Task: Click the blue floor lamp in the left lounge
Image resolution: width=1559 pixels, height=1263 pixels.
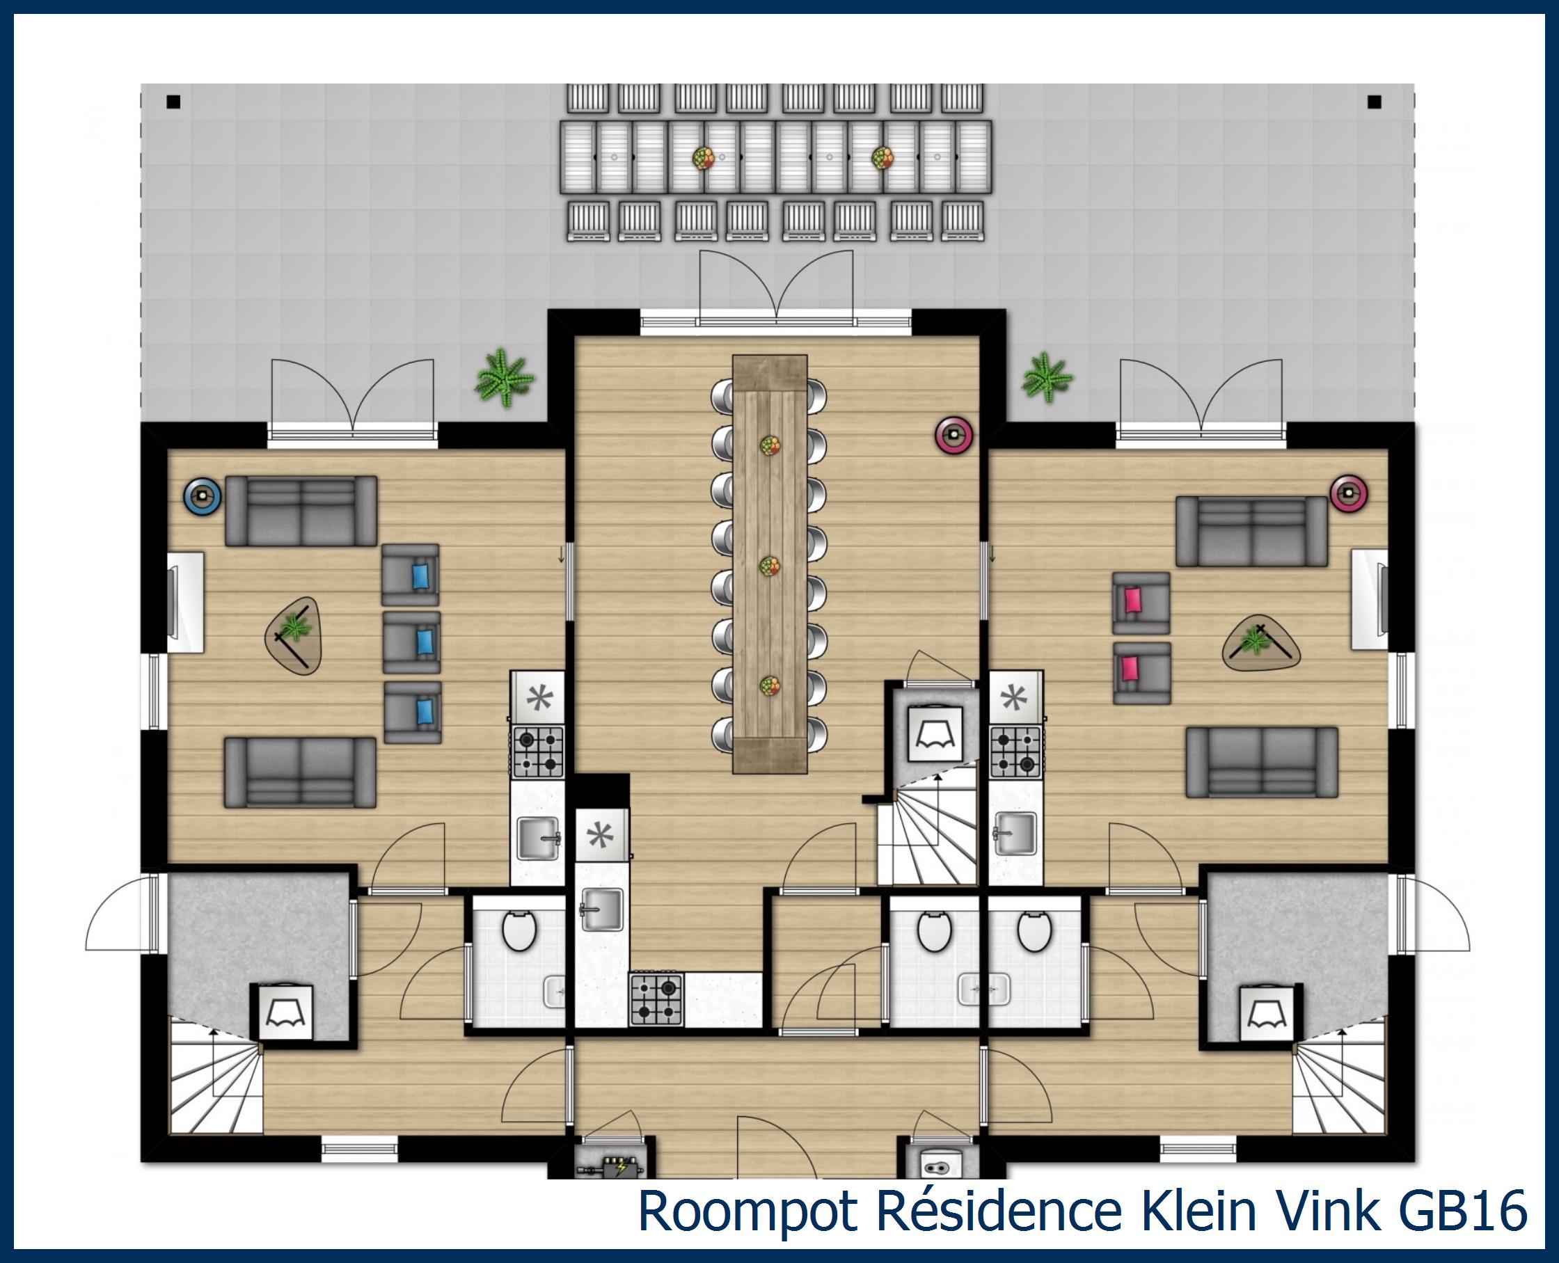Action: click(x=203, y=497)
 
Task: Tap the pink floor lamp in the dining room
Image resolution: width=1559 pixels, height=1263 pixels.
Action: click(x=953, y=435)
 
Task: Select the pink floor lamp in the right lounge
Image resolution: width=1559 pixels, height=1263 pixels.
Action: click(x=1349, y=494)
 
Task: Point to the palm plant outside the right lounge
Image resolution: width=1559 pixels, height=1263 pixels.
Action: click(x=1047, y=378)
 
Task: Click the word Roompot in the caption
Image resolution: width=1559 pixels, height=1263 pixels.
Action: click(x=748, y=1212)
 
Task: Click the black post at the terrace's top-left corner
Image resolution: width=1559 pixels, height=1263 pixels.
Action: click(x=173, y=102)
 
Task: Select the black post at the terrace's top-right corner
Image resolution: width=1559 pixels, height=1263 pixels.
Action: click(x=1375, y=102)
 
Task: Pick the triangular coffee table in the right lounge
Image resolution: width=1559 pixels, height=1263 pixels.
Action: click(x=1260, y=646)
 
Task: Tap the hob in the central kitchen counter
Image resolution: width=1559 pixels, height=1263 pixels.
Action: click(x=656, y=999)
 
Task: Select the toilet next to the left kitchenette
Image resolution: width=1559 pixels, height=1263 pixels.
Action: click(x=519, y=932)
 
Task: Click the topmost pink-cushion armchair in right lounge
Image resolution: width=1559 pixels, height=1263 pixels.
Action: click(x=1140, y=602)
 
